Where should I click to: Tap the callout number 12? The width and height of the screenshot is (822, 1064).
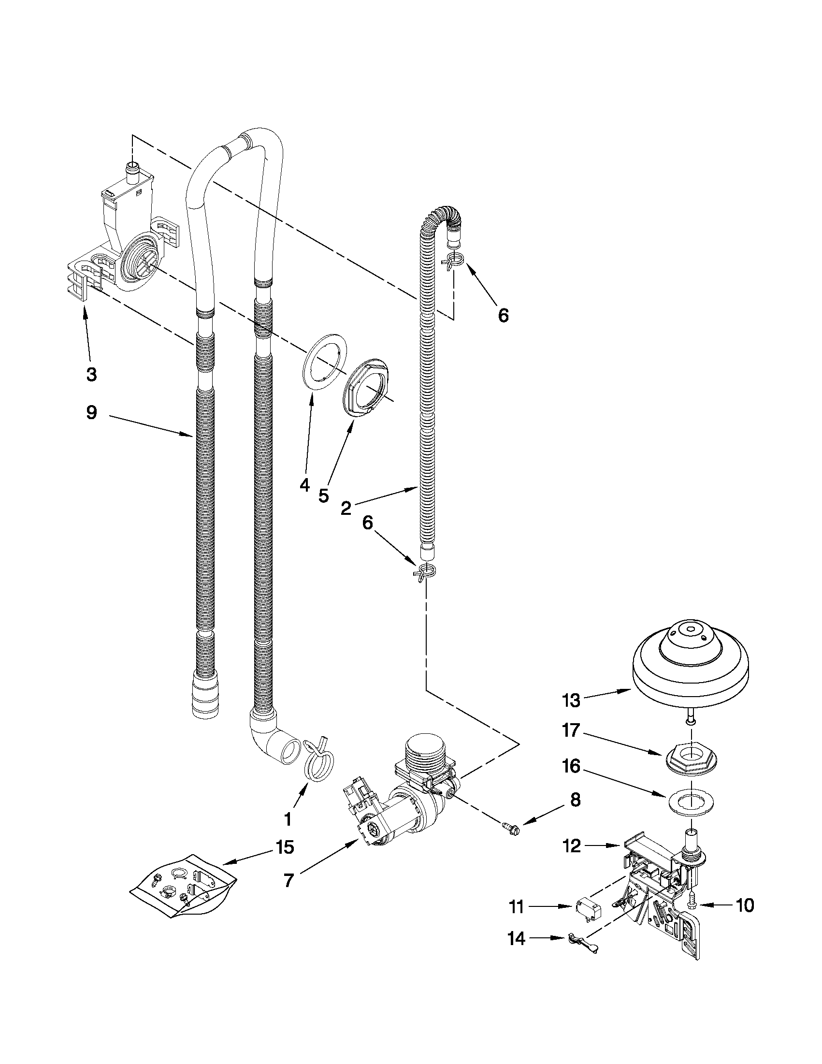572,846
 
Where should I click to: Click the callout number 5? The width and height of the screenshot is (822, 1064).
324,496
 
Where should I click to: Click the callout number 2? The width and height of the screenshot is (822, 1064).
346,509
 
